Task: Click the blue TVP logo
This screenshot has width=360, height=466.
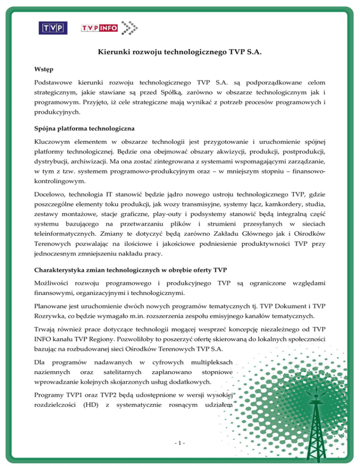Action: click(52, 29)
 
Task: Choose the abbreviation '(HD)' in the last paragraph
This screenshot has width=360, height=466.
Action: click(87, 403)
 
